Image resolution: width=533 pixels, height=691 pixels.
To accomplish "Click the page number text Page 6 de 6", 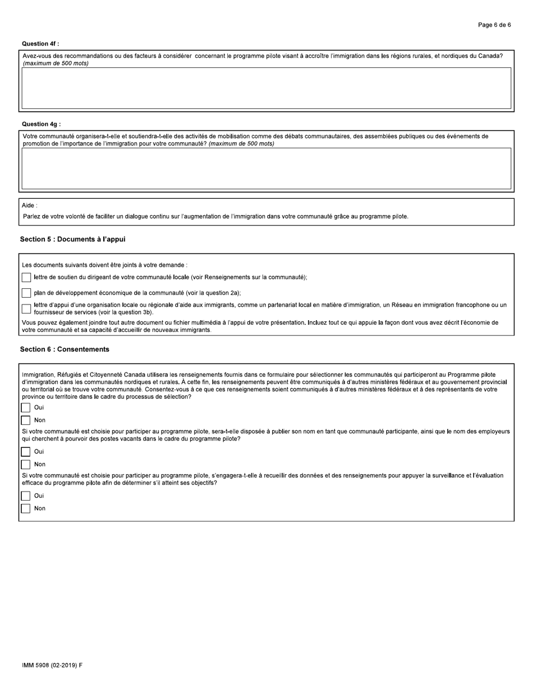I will pyautogui.click(x=494, y=25).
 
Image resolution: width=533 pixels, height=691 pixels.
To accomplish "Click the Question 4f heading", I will pyautogui.click(x=40, y=44).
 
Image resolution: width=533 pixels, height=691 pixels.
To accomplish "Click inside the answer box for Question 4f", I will pyautogui.click(x=266, y=88).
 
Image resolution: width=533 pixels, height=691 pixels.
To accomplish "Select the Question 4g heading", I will pyautogui.click(x=41, y=124).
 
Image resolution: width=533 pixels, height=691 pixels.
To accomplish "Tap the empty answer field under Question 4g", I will pyautogui.click(x=266, y=168).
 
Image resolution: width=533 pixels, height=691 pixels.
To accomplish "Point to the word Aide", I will pyautogui.click(x=29, y=206).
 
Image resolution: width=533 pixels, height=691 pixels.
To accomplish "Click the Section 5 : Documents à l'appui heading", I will pyautogui.click(x=72, y=239).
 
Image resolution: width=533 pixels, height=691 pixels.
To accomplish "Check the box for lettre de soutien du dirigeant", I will pyautogui.click(x=26, y=278).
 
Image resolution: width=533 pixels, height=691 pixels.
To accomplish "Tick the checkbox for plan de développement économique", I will pyautogui.click(x=26, y=293).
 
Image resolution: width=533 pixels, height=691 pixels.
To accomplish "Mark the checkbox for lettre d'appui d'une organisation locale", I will pyautogui.click(x=26, y=308).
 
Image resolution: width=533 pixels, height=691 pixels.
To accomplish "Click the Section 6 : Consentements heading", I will pyautogui.click(x=65, y=349).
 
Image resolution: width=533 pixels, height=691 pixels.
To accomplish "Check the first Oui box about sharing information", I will pyautogui.click(x=26, y=408).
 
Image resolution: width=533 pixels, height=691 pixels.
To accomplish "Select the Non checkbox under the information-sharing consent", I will pyautogui.click(x=26, y=420).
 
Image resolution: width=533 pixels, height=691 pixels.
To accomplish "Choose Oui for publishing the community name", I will pyautogui.click(x=26, y=452).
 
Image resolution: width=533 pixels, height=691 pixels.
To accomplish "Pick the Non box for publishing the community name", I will pyautogui.click(x=26, y=465).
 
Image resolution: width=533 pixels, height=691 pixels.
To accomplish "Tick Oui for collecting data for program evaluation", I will pyautogui.click(x=26, y=496).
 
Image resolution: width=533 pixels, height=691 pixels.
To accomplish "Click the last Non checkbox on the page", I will pyautogui.click(x=26, y=508).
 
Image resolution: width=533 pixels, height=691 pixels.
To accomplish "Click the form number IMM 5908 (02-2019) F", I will pyautogui.click(x=52, y=665).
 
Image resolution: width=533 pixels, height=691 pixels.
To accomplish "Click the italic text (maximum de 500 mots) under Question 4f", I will pyautogui.click(x=56, y=63).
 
